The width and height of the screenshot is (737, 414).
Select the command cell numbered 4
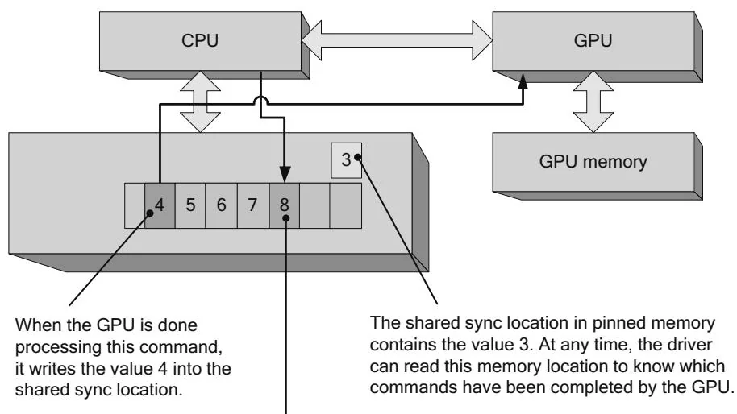point(160,204)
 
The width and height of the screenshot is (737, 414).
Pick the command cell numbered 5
point(190,204)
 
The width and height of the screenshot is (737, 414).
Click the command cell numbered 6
point(221,204)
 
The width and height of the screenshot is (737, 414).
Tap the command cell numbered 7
point(252,204)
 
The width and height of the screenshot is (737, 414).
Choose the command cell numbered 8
point(284,204)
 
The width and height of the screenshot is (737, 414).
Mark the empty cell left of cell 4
point(134,204)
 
